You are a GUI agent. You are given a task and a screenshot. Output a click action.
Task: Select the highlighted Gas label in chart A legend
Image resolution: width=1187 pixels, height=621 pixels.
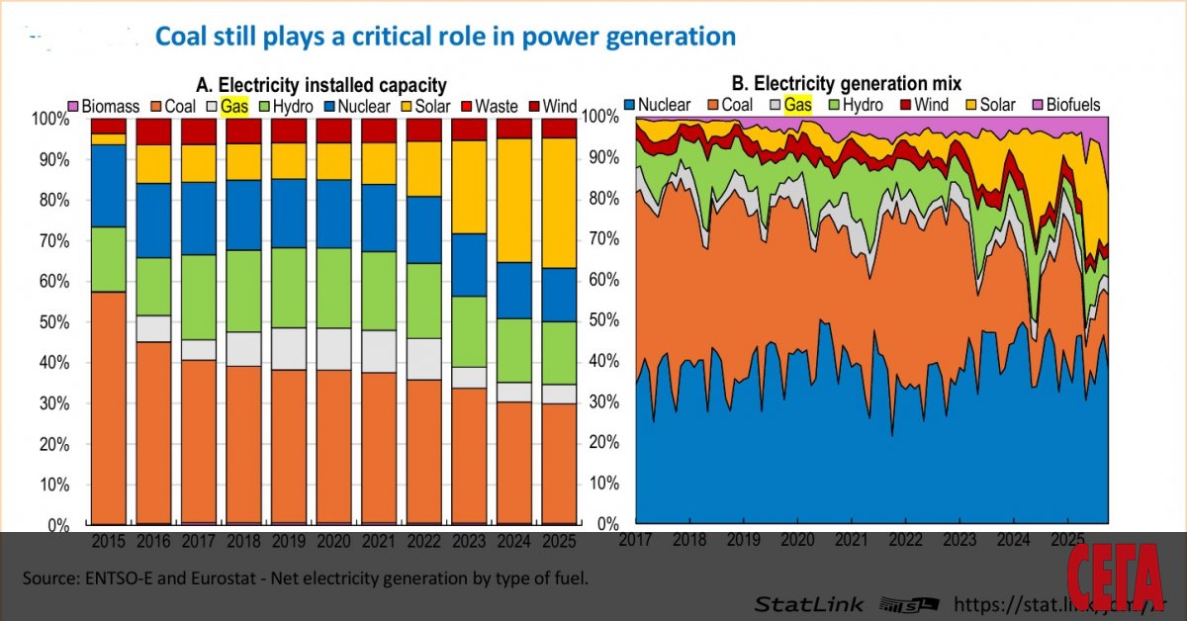coord(233,106)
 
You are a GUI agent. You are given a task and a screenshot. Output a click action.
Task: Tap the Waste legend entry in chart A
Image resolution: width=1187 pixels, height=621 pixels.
coord(496,106)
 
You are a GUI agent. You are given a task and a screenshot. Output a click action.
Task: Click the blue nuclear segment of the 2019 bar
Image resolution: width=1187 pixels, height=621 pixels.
coord(289,213)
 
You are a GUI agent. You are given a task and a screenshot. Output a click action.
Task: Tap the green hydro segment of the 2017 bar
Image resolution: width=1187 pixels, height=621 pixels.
coord(199,298)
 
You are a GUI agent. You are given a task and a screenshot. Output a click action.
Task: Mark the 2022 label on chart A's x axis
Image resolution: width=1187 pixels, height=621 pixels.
coord(424,542)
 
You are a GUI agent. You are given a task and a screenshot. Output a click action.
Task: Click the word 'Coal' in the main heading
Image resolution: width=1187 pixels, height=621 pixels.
coord(182,37)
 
